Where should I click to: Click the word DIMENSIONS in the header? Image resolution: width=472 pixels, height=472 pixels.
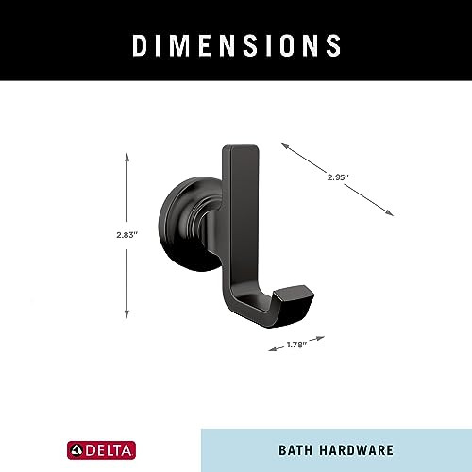(x=235, y=43)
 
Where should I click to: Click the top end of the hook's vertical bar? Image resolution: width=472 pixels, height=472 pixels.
(x=243, y=152)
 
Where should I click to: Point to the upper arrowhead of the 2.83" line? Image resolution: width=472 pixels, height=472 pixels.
(x=126, y=152)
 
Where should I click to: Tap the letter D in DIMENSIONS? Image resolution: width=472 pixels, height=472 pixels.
(x=137, y=43)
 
